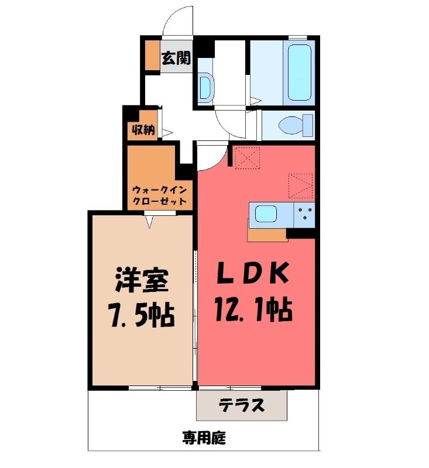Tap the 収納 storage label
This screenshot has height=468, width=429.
[143, 129]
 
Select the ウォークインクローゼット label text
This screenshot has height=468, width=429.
[160, 195]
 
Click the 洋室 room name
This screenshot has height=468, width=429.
[141, 280]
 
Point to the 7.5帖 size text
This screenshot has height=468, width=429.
[142, 315]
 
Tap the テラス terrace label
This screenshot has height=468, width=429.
[242, 405]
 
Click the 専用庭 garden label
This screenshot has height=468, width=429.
[204, 438]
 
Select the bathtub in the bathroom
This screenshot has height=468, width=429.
[299, 73]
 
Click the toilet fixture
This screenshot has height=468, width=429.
[296, 125]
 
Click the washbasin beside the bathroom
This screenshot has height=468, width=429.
[206, 87]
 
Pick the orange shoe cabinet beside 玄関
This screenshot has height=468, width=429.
[153, 55]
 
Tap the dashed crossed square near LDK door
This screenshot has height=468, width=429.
[247, 157]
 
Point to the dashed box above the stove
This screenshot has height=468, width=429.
[301, 185]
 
